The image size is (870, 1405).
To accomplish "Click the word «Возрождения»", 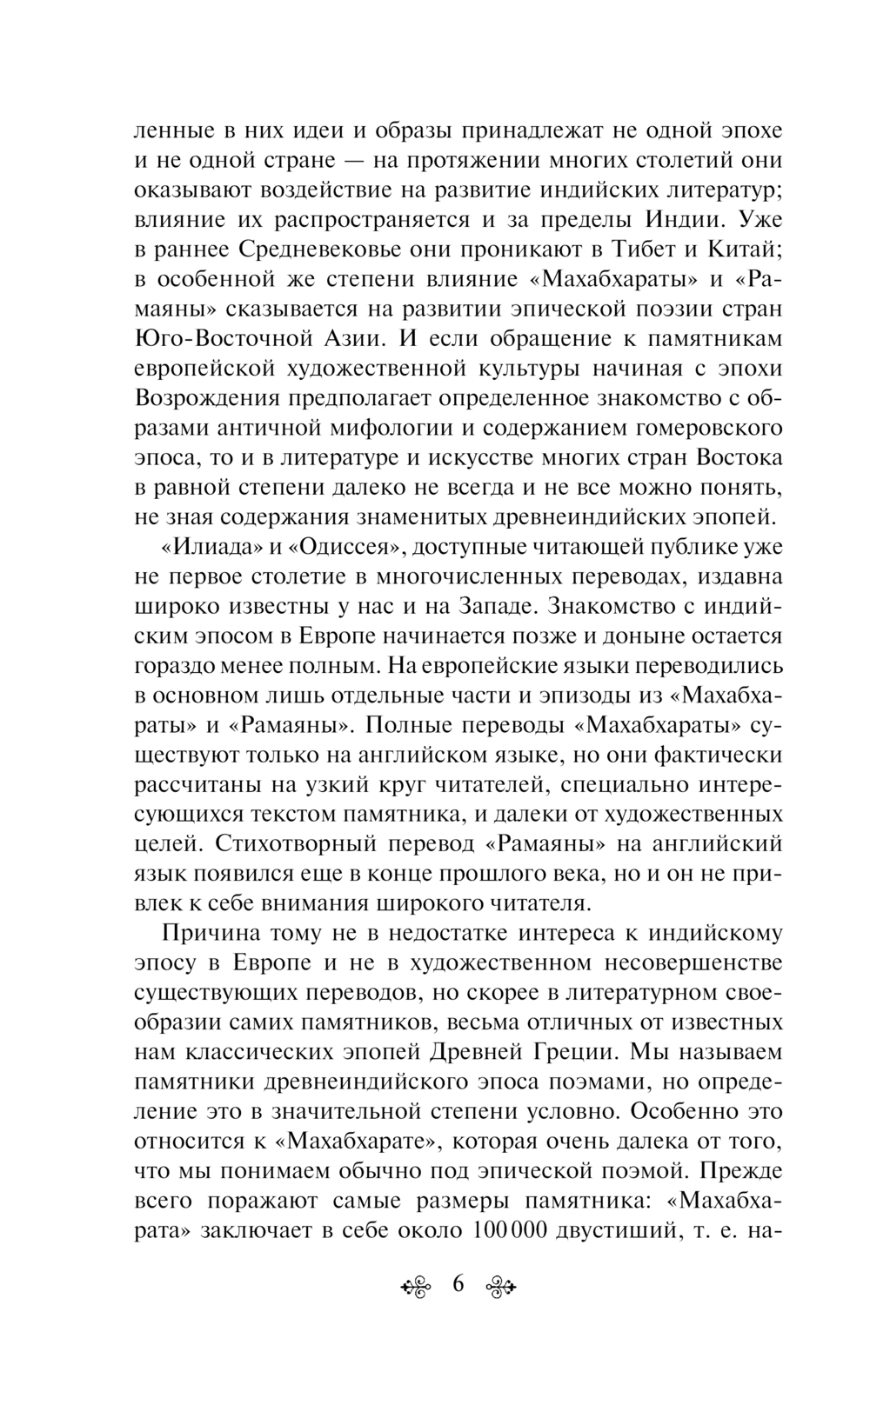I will tap(207, 397).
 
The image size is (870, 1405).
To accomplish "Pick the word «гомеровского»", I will tap(711, 427).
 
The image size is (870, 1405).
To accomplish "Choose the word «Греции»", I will tap(563, 1052).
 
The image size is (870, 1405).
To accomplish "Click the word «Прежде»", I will tap(739, 1170).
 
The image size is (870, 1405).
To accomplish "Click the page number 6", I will tap(458, 1284).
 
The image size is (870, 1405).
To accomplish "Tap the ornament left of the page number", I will tap(415, 1287).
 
